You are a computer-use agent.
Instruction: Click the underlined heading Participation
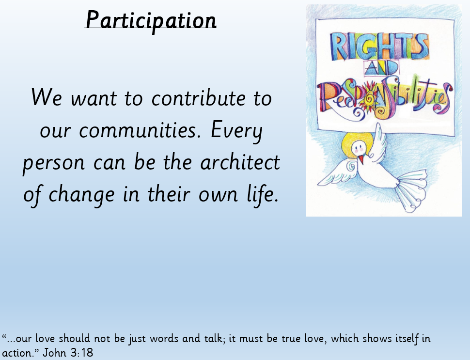151,20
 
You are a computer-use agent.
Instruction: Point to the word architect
240,162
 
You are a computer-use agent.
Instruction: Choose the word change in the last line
81,195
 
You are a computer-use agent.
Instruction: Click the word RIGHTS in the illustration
380,47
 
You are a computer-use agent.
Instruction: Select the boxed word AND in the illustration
382,69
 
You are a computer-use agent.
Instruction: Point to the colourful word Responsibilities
385,97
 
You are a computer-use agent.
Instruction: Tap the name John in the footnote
54,353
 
